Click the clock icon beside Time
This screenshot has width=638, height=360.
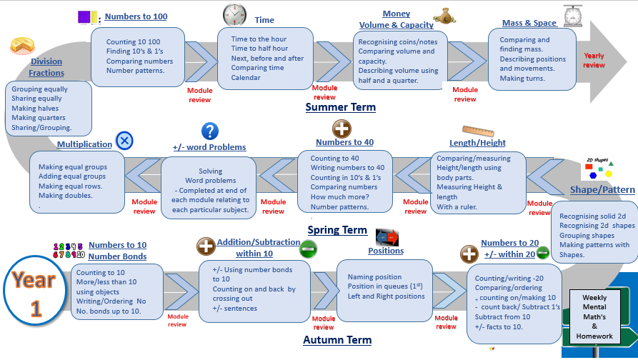coord(234,14)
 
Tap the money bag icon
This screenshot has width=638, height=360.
coord(444,14)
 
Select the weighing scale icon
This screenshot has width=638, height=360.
coord(572,16)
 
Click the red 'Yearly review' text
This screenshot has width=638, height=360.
coord(594,60)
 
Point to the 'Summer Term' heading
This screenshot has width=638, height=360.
coord(340,107)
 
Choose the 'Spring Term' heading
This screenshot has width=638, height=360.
coord(337,230)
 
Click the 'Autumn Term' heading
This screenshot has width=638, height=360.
coord(337,340)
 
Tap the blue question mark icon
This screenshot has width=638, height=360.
coord(209,131)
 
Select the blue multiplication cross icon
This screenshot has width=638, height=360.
coord(124,140)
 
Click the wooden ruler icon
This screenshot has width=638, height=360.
coord(478,131)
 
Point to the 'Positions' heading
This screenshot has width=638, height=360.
coord(386,251)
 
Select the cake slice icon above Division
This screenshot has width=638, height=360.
coord(21,46)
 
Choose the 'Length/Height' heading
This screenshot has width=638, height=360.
coord(477,142)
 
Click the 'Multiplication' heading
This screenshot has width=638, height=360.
coord(84,144)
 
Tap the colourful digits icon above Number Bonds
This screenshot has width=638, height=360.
coord(69,250)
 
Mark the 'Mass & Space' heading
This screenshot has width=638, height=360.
coord(529,23)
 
